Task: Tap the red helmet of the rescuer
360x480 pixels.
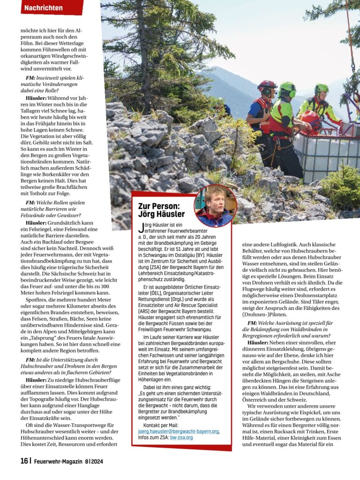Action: pos(267,86)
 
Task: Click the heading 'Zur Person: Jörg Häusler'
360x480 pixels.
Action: pos(161,210)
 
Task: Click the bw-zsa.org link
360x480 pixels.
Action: pos(183,437)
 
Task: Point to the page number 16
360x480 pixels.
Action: pos(24,461)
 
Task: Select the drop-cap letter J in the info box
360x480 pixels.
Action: pos(141,228)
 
